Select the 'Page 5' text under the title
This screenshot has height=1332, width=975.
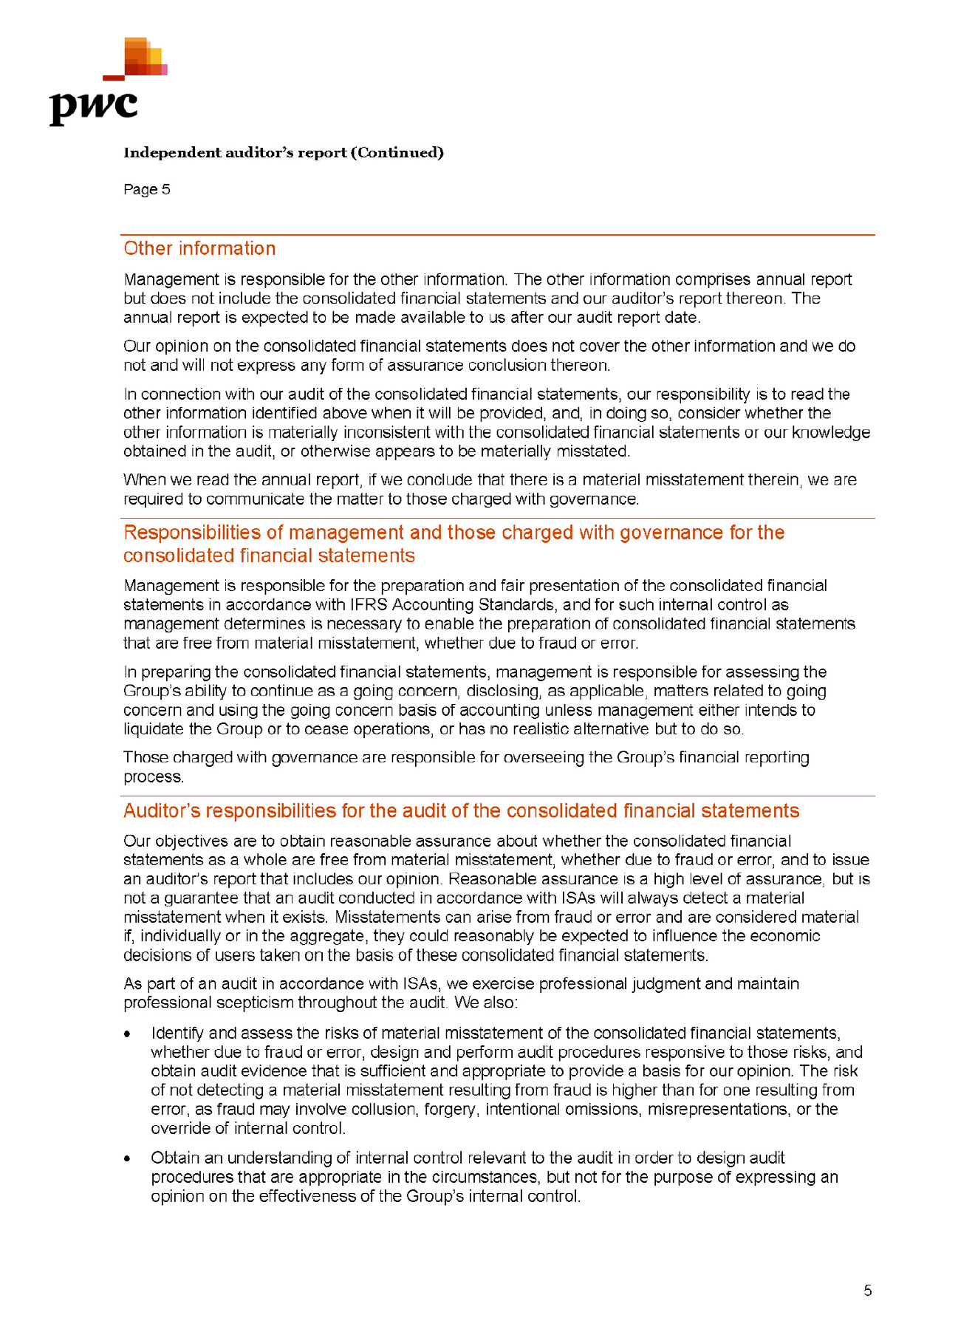click(147, 190)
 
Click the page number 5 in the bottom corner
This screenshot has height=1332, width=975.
click(868, 1291)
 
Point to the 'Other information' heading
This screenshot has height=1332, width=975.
click(199, 249)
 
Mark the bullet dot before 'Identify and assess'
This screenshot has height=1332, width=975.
click(128, 1034)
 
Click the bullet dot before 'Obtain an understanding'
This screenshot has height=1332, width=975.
click(128, 1158)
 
